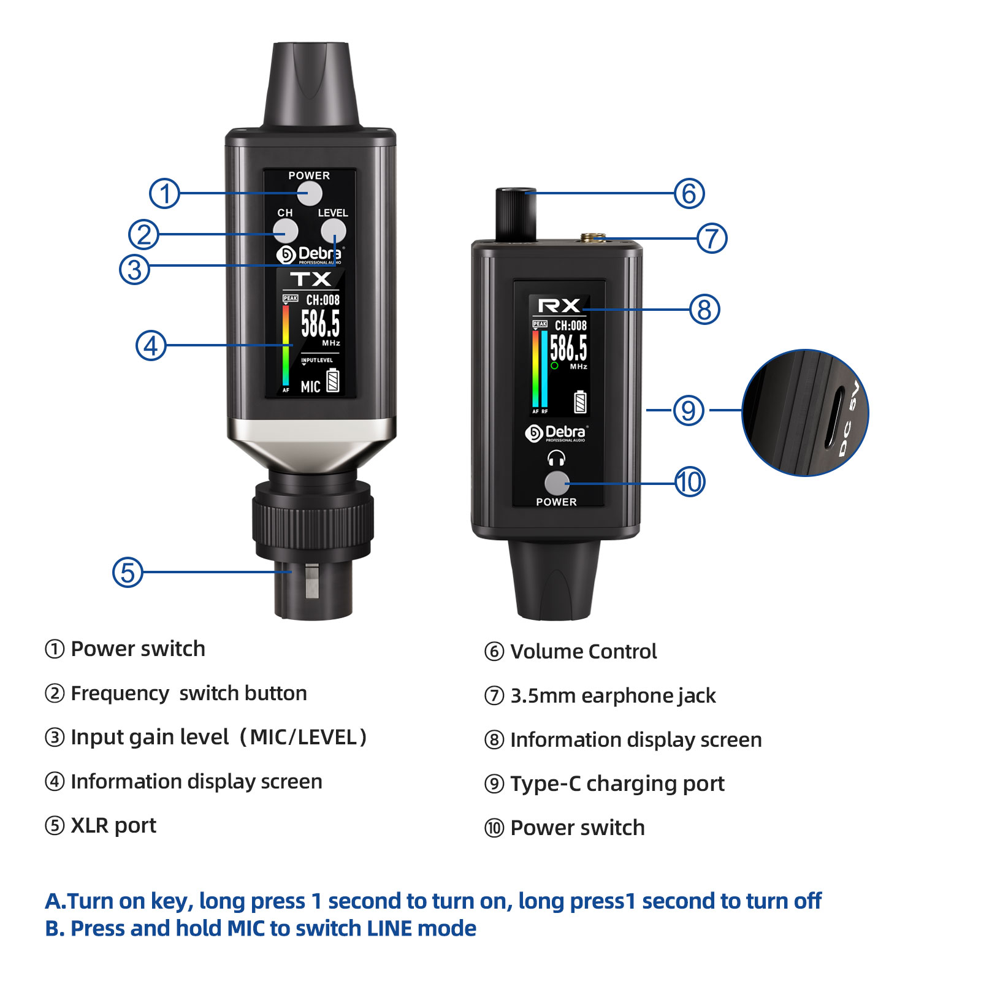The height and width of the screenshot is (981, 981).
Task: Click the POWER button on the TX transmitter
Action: [310, 194]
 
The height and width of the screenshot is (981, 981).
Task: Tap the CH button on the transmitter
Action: [286, 231]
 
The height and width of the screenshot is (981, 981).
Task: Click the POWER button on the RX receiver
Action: [557, 483]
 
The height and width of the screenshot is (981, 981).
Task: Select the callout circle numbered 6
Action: [689, 193]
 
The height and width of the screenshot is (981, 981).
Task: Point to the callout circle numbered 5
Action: [128, 572]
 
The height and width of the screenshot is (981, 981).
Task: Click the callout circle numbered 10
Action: [690, 482]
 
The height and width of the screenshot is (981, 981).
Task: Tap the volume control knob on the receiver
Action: [516, 215]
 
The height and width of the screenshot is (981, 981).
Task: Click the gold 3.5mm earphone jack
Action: [594, 237]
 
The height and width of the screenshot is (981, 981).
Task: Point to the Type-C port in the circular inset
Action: [834, 417]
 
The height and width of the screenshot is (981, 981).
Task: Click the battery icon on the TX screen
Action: [333, 380]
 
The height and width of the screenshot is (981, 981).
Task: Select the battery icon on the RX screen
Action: [580, 402]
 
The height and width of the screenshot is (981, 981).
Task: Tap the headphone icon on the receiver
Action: [556, 458]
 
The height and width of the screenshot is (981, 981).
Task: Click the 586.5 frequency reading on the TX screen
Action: [320, 324]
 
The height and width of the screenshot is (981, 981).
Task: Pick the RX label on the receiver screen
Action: [559, 305]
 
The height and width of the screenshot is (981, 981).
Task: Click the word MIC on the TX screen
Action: [310, 387]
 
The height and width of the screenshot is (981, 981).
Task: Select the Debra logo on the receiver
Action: [556, 433]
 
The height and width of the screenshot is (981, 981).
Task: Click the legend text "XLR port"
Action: [113, 826]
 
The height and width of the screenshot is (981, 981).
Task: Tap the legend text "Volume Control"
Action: [584, 651]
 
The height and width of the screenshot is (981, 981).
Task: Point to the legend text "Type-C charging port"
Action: [617, 784]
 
